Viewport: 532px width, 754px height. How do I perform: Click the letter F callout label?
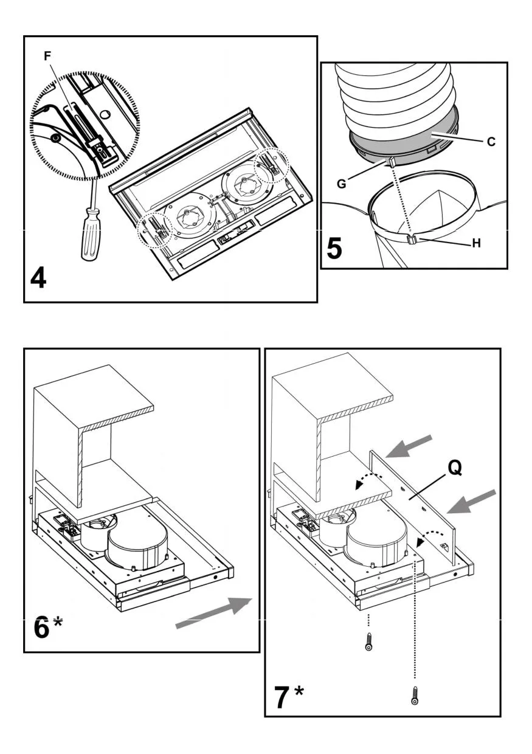click(48, 55)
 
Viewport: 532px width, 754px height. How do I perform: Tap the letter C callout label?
click(491, 142)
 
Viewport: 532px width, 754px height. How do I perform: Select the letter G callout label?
click(342, 182)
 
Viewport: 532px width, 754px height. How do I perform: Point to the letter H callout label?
click(477, 243)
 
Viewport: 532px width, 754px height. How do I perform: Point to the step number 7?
click(281, 696)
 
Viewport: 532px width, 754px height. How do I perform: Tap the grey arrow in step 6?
click(213, 613)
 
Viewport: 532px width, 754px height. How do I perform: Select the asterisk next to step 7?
click(299, 691)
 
